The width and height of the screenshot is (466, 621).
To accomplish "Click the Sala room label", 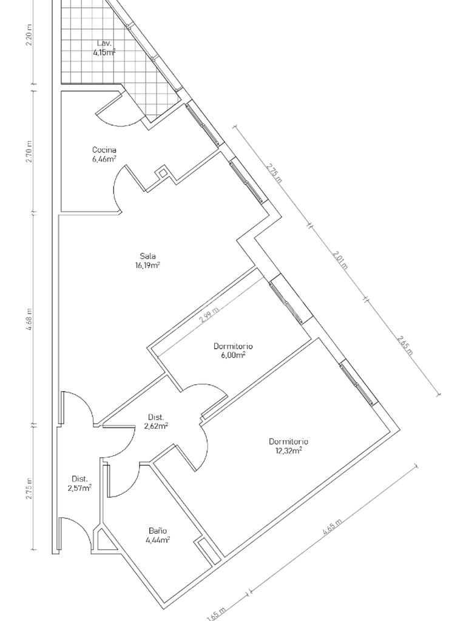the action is coord(147,256).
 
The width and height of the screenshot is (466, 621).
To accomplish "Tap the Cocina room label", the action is coord(104,150).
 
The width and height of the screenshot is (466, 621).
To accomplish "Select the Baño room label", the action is coord(158,531).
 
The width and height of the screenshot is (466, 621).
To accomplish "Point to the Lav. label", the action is coord(104,43).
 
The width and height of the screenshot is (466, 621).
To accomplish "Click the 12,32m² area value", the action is coord(288,451).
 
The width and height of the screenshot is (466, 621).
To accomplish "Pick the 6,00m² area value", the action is coord(233,355).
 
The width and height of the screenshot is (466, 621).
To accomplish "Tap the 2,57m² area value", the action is coord(79,488).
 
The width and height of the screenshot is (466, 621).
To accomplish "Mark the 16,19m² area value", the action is coord(147,266).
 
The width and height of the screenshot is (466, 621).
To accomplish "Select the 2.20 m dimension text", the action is coord(29,35).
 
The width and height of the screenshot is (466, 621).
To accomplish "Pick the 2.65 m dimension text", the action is coord(405,346).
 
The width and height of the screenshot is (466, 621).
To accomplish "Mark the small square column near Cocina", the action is coord(162,173).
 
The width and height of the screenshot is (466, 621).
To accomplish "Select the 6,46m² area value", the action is coord(104,159).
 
